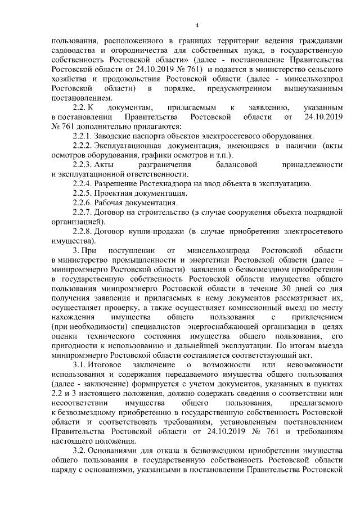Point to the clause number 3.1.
(83, 366)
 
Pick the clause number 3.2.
(83, 451)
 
